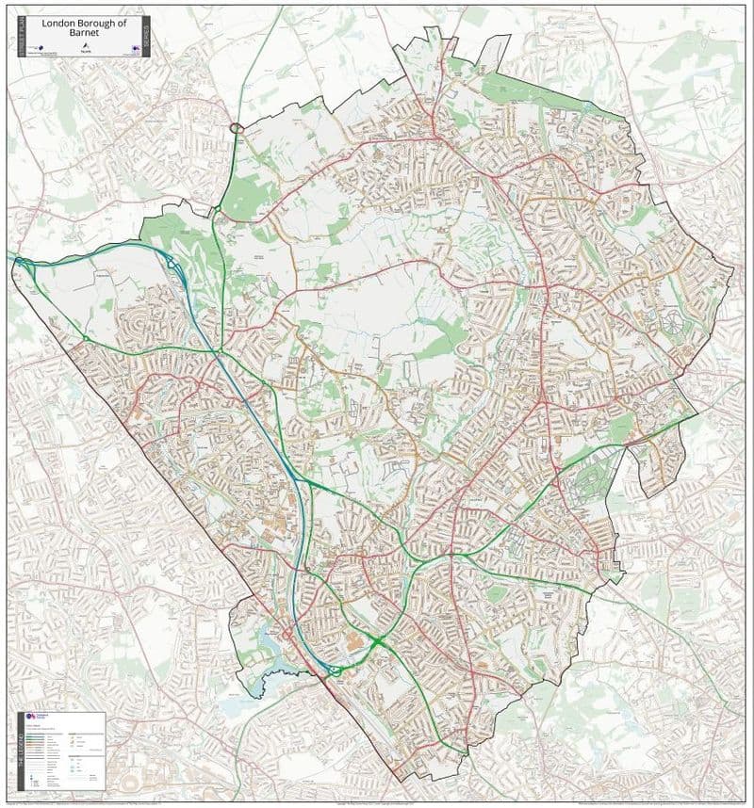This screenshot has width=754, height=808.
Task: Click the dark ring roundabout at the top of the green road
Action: (x=236, y=127)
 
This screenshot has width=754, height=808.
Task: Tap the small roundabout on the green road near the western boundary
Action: (x=86, y=337)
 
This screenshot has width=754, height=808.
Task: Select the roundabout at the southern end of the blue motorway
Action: (x=332, y=671)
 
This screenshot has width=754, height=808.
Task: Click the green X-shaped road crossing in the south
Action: (x=378, y=641)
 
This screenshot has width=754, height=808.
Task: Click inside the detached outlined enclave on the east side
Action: (x=656, y=461)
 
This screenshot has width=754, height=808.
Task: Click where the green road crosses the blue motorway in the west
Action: (x=219, y=350)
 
